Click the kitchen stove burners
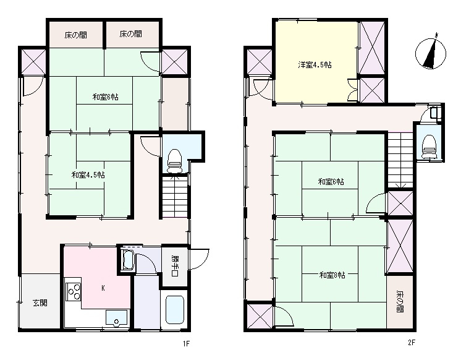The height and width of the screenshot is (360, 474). [74, 290]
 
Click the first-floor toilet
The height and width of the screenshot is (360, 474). [175, 160]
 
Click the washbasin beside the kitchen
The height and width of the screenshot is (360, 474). [128, 260]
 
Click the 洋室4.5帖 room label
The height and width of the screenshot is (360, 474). [315, 64]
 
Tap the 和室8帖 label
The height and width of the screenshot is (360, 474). [332, 275]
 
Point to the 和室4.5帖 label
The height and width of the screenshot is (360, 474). [88, 175]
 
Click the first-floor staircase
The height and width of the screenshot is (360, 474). [174, 197]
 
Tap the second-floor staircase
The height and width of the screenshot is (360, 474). [399, 158]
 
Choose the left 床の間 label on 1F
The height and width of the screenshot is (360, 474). [75, 35]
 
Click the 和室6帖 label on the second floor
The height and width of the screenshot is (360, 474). [331, 182]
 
